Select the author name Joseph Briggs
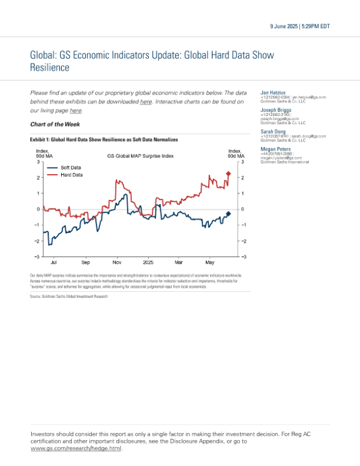click(x=275, y=111)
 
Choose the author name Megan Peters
click(x=275, y=148)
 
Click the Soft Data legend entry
click(x=71, y=167)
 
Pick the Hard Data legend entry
click(x=71, y=175)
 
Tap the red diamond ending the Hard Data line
click(x=229, y=174)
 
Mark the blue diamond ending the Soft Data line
click(x=229, y=213)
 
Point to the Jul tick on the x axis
click(x=55, y=262)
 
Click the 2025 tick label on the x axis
click(x=148, y=262)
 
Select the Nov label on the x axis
click(x=117, y=262)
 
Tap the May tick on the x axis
click(x=210, y=262)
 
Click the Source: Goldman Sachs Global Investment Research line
click(x=68, y=297)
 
